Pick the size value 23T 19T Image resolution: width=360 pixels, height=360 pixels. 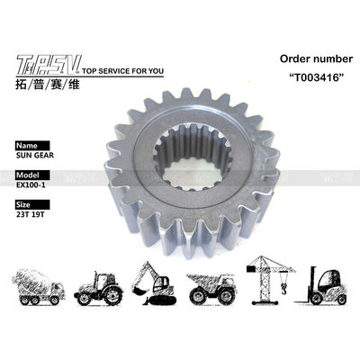[x=33, y=215]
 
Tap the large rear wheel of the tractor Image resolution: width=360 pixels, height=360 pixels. [x=113, y=292]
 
